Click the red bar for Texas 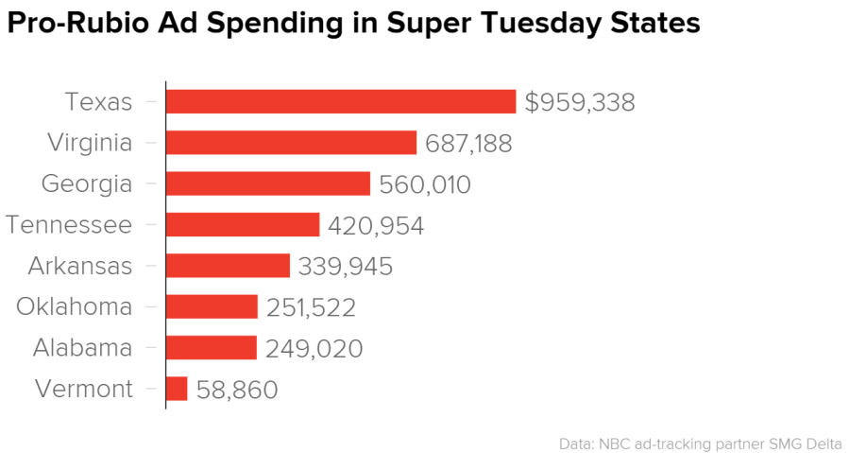click(x=341, y=101)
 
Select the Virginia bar click(x=291, y=143)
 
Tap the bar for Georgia click(x=268, y=183)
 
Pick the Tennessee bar click(x=243, y=224)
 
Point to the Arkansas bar click(x=228, y=266)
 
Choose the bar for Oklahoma click(x=212, y=306)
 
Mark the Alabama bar click(x=211, y=347)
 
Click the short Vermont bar click(x=177, y=389)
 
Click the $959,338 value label click(x=580, y=102)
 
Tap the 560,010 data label click(x=424, y=184)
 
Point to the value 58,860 click(x=237, y=390)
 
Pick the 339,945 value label click(x=345, y=267)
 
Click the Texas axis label click(x=98, y=101)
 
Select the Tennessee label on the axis click(x=68, y=224)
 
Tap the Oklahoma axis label click(x=75, y=306)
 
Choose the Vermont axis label click(x=83, y=389)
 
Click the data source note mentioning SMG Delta click(x=700, y=443)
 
